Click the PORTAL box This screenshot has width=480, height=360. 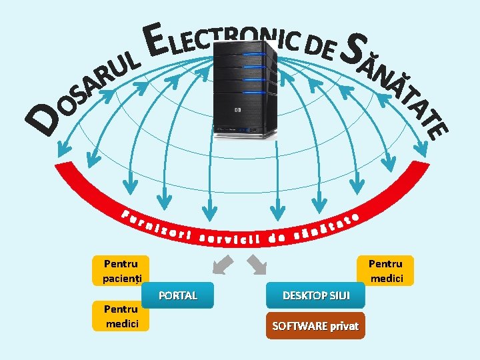[178, 295]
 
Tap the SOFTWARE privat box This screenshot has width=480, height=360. [315, 326]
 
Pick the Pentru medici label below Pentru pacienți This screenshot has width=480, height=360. [121, 316]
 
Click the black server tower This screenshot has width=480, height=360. [245, 87]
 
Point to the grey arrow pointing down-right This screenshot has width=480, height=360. [257, 265]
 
